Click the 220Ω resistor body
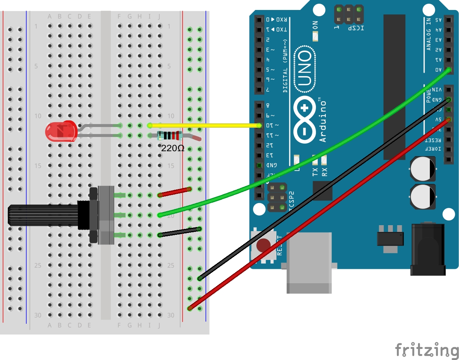[170, 136]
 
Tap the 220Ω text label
[173, 148]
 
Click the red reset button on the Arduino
[263, 245]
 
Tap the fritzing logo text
[426, 350]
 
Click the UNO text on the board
[305, 69]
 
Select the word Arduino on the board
[323, 120]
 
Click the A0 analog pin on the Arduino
[449, 69]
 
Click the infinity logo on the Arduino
[304, 120]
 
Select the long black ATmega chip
[394, 87]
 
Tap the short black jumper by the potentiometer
[180, 232]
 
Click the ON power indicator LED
[315, 36]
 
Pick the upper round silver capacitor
[423, 169]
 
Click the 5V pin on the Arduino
[449, 119]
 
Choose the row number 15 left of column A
[38, 166]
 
